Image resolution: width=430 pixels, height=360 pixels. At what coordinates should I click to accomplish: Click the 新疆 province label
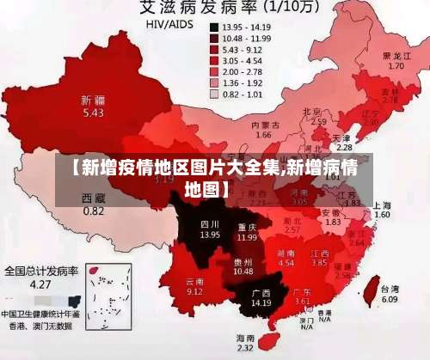click(x=93, y=100)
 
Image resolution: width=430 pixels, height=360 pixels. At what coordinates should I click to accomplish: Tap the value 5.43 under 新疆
click(x=93, y=113)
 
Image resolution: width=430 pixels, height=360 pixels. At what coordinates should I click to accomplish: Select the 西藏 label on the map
click(x=93, y=198)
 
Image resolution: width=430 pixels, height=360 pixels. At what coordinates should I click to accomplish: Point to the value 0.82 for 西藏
click(x=93, y=211)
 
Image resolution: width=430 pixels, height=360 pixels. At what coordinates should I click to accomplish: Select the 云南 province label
click(x=195, y=281)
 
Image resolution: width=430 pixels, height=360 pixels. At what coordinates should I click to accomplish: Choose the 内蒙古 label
click(x=263, y=125)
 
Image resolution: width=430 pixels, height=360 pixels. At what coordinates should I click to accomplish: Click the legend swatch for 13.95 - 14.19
click(x=214, y=27)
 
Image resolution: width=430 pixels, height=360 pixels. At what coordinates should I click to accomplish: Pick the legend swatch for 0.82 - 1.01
click(x=214, y=95)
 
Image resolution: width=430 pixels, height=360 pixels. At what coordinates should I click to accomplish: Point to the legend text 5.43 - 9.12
click(x=243, y=50)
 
